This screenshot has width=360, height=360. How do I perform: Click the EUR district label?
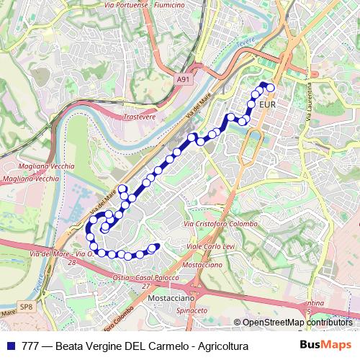[266, 105]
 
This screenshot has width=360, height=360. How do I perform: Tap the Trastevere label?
[140, 116]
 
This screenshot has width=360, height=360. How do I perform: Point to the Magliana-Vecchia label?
[31, 178]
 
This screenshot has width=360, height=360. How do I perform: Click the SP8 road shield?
[26, 307]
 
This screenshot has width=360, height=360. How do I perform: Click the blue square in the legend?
[11, 346]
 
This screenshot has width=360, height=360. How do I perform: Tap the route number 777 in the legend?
[30, 346]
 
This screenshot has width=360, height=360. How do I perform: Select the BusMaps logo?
[325, 346]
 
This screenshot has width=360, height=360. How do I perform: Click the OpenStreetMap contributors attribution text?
[297, 323]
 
